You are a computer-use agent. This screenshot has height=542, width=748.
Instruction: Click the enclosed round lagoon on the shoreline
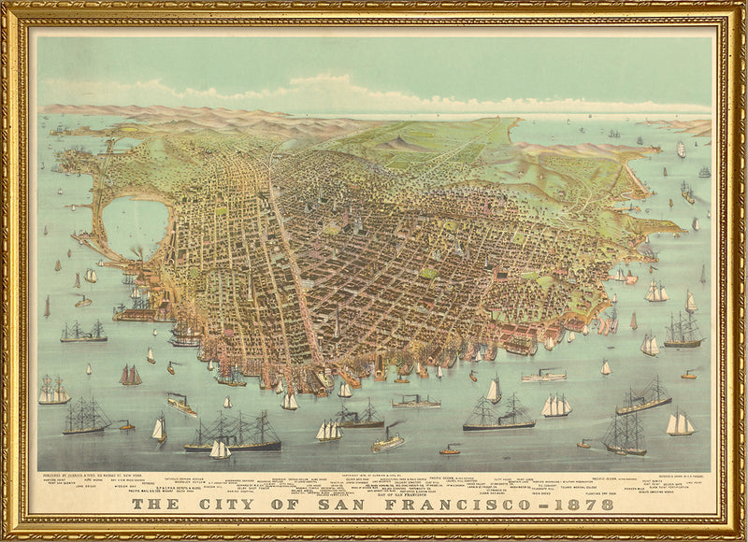point(134,226)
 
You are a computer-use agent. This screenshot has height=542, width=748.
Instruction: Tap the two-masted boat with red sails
point(130,375)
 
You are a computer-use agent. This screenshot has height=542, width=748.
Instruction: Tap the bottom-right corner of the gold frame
point(741,535)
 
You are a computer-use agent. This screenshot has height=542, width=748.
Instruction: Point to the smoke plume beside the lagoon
point(137,252)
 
